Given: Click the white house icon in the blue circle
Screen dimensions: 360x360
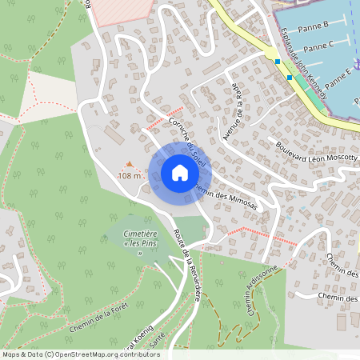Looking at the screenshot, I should click(179, 172).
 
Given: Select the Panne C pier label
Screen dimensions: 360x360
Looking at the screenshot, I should click(319, 47).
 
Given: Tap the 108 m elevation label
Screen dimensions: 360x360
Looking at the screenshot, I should click(130, 175).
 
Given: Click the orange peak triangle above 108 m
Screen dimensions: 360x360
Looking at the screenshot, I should click(130, 164).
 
